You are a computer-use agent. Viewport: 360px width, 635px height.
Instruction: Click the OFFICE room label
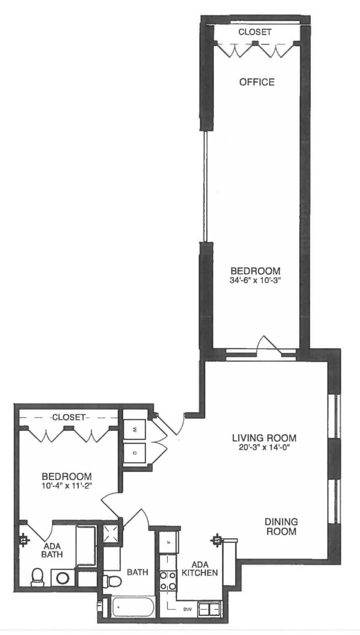click(x=257, y=82)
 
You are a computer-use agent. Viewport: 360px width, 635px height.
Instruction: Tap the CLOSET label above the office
click(x=255, y=32)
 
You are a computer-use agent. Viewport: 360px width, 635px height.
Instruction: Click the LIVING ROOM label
click(x=264, y=438)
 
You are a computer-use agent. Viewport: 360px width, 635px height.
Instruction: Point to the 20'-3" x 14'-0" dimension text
click(x=264, y=448)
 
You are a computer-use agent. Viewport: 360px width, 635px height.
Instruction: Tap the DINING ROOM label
click(x=282, y=526)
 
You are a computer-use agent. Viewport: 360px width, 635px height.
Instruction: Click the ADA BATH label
click(x=52, y=550)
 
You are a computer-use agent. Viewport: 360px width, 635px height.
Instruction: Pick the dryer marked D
click(x=135, y=454)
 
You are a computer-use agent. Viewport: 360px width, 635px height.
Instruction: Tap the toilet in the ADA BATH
click(x=37, y=577)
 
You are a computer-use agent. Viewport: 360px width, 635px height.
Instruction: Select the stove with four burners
click(x=167, y=581)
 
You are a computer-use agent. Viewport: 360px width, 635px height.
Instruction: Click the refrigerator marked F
click(x=168, y=542)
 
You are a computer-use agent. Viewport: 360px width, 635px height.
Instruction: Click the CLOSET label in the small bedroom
click(x=68, y=417)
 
